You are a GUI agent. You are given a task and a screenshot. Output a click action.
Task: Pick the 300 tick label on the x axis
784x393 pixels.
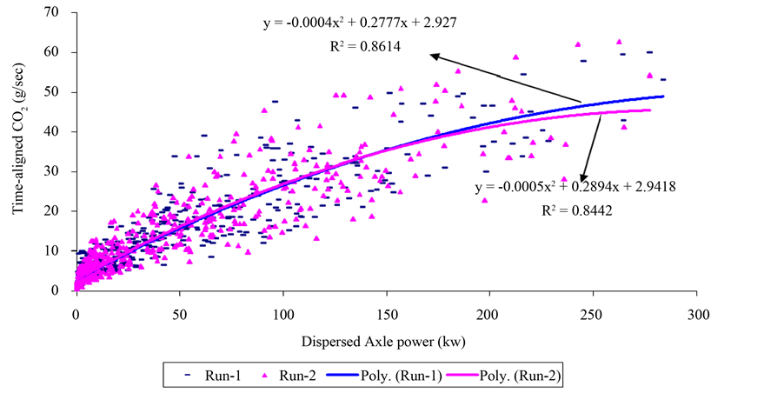(x=695, y=309)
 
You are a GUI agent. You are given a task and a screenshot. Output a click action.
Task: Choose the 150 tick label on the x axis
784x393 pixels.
(x=385, y=309)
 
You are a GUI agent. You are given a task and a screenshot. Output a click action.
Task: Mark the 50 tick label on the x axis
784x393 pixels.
(x=179, y=309)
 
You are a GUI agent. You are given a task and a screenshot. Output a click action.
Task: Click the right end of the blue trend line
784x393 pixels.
(x=663, y=97)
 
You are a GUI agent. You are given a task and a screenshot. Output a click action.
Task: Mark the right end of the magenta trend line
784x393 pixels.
(x=649, y=110)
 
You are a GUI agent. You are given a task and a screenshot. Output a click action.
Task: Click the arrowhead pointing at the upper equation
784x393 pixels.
(x=430, y=57)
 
